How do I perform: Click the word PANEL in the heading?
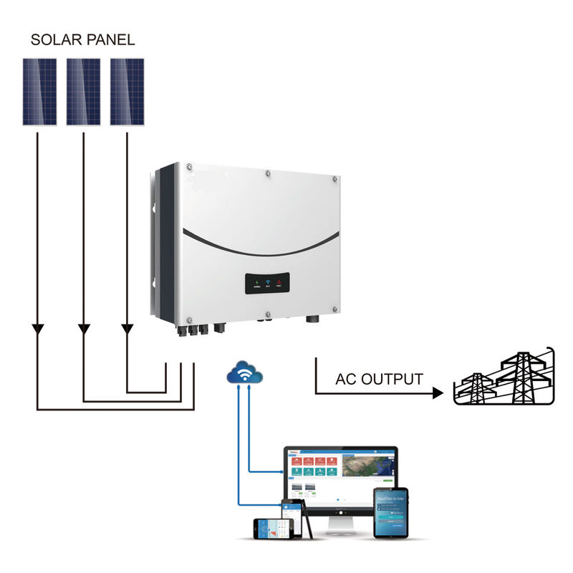click(x=109, y=40)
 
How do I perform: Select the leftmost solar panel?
click(x=39, y=91)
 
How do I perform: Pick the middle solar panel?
click(x=83, y=91)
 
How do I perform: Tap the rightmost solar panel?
click(x=127, y=91)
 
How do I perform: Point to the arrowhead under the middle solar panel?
click(x=84, y=329)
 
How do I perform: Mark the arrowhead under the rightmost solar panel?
click(x=127, y=329)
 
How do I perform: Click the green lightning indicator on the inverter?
click(x=257, y=283)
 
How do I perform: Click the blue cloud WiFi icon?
click(x=244, y=372)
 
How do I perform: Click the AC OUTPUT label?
click(x=379, y=379)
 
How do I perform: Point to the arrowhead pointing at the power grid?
click(x=437, y=393)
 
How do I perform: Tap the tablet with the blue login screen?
click(x=390, y=513)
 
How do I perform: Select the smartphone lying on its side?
click(x=274, y=528)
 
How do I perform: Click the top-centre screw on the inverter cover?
click(x=266, y=173)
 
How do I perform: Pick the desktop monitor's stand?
click(x=341, y=526)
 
